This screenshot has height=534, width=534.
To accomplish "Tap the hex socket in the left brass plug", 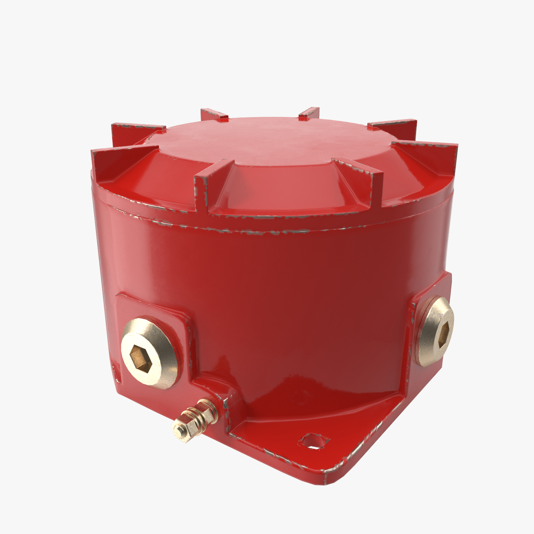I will [138, 357].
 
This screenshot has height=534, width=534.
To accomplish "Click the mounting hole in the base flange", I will [314, 442].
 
